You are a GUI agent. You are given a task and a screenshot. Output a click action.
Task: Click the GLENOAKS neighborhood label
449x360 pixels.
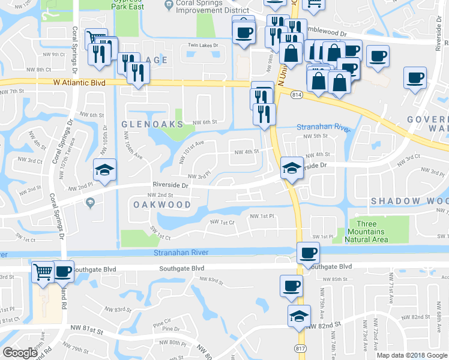[x=151, y=124]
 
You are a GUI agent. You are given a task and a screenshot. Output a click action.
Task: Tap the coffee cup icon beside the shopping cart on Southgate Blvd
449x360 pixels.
[x=62, y=271]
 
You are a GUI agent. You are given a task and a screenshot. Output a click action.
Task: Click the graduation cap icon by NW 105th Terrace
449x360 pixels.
[x=104, y=169]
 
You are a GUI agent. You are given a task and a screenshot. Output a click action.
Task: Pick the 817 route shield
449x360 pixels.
[x=299, y=348]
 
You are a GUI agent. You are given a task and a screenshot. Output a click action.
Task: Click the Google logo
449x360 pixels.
[x=20, y=353]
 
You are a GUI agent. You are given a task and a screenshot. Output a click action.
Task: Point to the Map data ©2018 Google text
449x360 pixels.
[x=412, y=355]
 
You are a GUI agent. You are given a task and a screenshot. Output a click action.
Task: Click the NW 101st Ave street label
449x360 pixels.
[x=192, y=152]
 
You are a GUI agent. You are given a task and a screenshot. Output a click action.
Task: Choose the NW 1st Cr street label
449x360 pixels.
[x=221, y=222]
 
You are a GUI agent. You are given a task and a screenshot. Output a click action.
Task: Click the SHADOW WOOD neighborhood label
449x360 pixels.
[x=409, y=200]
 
